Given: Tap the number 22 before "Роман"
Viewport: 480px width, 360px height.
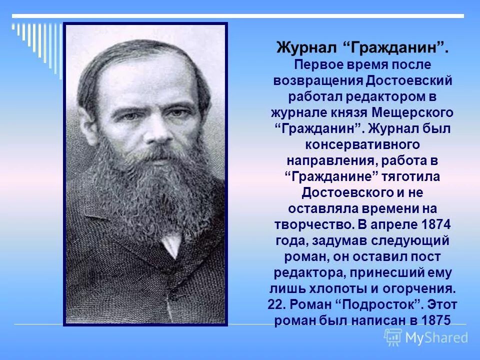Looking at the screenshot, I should pyautogui.click(x=276, y=304).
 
